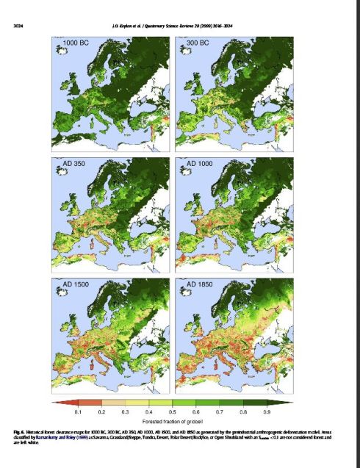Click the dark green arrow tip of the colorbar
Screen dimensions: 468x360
click(289, 402)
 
